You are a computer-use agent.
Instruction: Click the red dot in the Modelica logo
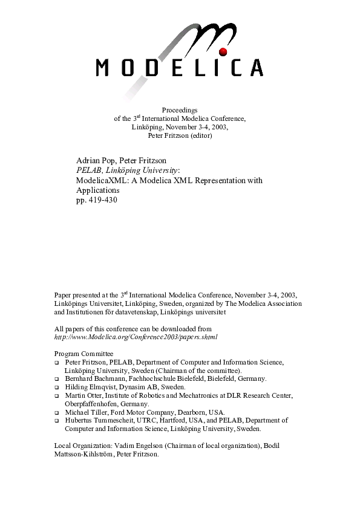click(222, 52)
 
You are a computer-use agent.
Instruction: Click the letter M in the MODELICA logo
click(104, 68)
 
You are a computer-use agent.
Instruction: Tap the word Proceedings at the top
click(180, 109)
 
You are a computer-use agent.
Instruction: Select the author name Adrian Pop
click(95, 160)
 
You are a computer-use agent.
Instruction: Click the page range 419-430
click(100, 199)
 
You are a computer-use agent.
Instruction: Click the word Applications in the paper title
click(98, 190)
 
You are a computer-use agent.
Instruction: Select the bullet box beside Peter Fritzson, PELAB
click(57, 362)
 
